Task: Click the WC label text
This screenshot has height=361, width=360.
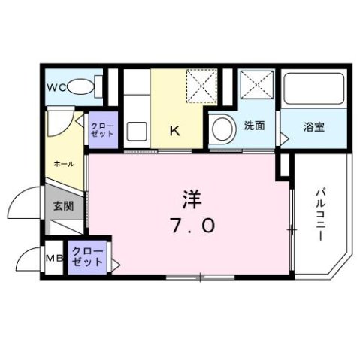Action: point(57,88)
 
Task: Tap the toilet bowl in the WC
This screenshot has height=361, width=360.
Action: point(83,89)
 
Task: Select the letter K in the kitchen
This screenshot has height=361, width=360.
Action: point(174,131)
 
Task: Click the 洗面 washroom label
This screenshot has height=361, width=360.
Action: point(254,126)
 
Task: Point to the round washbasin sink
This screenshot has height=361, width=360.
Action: point(222,129)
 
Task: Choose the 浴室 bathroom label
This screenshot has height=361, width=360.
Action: point(314,126)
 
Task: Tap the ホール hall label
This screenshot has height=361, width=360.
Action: point(62,163)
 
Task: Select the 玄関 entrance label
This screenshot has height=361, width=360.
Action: point(62,204)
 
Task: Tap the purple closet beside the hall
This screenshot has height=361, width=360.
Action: point(101,129)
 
